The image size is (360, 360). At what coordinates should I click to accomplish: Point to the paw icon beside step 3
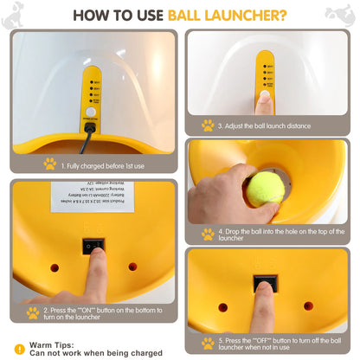[208, 125]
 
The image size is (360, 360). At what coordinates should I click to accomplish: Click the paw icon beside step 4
[208, 234]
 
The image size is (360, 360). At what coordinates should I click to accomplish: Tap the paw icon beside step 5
[208, 343]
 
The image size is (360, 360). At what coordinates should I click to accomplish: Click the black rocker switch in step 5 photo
[265, 286]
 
